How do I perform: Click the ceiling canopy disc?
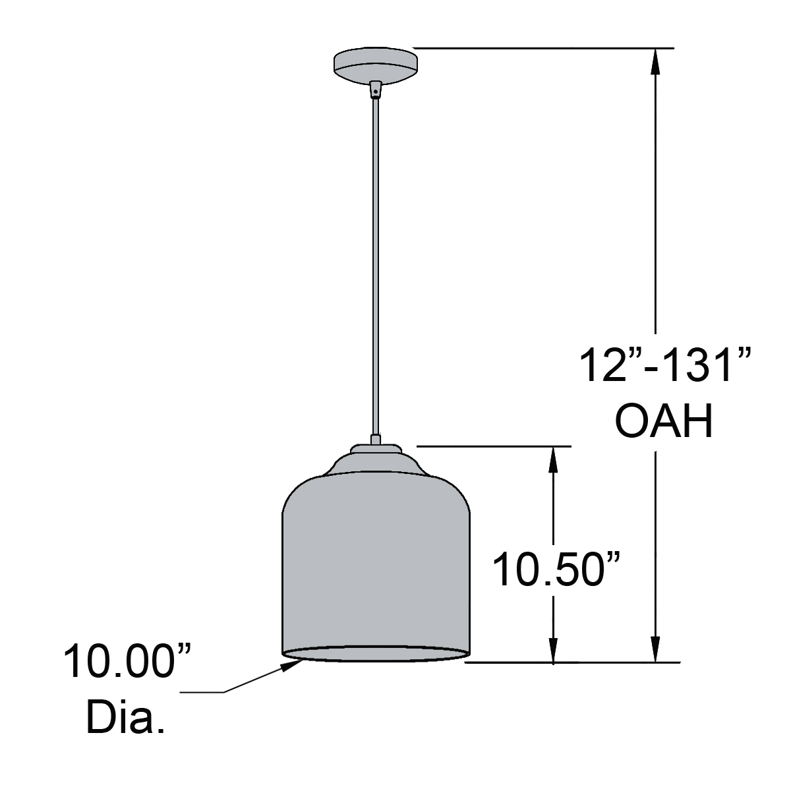(376, 63)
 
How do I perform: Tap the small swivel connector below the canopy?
(376, 88)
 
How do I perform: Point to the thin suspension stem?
(376, 264)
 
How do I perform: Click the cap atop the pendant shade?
(375, 450)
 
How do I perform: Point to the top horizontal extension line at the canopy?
(541, 48)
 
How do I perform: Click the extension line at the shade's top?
(494, 446)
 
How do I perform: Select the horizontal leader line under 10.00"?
(201, 692)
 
